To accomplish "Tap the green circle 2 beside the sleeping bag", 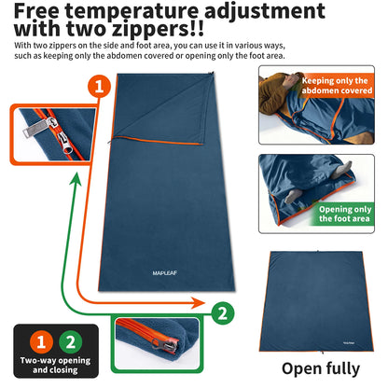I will [220, 312].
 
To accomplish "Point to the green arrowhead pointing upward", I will [70, 176].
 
